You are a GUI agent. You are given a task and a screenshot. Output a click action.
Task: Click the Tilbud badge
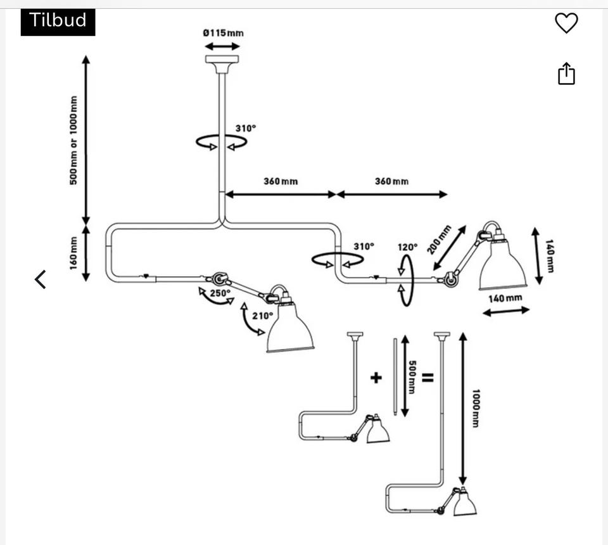(58, 21)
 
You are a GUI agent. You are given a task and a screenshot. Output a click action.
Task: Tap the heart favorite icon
(566, 23)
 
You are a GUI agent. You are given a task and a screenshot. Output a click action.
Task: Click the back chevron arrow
(41, 279)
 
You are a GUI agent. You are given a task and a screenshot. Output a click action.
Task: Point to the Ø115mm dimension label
(223, 33)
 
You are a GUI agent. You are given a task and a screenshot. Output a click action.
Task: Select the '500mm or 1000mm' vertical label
(73, 140)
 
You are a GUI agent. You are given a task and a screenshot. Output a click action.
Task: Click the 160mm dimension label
(73, 252)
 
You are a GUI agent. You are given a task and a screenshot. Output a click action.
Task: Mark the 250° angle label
(220, 293)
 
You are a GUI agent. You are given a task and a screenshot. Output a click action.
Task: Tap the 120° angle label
(408, 247)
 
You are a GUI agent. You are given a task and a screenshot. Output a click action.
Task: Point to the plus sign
(376, 378)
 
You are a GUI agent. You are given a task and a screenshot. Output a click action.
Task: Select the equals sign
(428, 378)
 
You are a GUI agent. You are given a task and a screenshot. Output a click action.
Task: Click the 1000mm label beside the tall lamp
(475, 408)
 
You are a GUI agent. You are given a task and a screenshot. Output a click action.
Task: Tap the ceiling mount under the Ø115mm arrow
(222, 62)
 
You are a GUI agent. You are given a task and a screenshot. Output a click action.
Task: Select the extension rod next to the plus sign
(395, 376)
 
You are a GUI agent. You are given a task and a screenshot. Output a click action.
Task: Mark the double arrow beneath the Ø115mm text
(222, 46)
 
